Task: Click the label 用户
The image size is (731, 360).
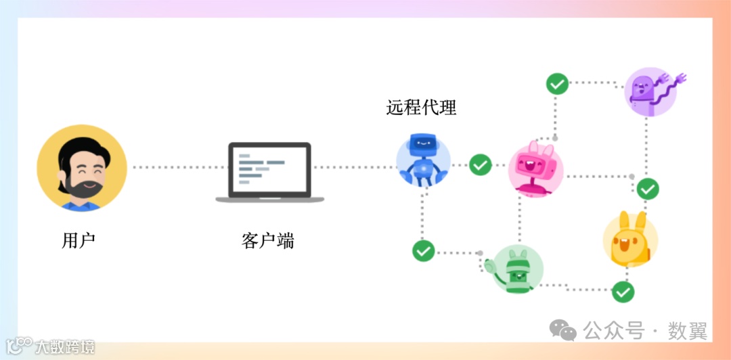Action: coord(78,240)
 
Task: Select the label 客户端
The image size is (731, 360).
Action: coord(268,240)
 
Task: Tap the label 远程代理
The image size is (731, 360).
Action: coord(422,107)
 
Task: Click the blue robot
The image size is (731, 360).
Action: coord(423,159)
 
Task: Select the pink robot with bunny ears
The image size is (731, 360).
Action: coord(535,169)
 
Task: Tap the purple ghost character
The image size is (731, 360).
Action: coord(648,91)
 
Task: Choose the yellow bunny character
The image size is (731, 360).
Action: coord(629,240)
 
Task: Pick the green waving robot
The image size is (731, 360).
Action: coord(516,269)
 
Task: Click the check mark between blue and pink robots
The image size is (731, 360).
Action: coord(481,164)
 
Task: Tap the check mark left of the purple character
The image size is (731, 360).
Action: coord(557,84)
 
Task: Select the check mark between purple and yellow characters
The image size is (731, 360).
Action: coord(648,189)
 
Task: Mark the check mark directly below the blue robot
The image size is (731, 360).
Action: coord(424,250)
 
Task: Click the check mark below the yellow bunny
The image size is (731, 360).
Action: coord(623,292)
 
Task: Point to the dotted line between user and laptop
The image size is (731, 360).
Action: coord(178,166)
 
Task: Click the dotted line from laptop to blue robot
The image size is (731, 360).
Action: coord(353,166)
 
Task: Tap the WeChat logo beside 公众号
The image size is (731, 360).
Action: coord(563,330)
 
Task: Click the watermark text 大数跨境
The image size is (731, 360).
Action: coord(65,347)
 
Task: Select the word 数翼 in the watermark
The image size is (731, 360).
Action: coord(688,331)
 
